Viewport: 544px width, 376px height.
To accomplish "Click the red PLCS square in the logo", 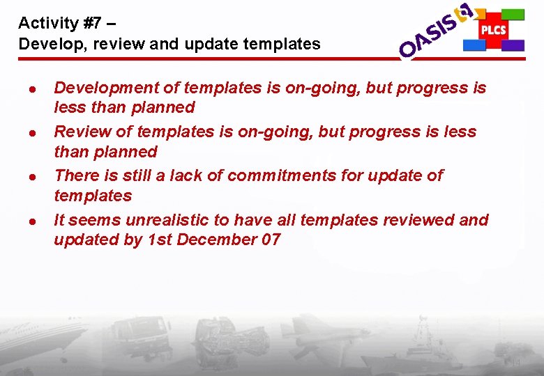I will (x=493, y=30).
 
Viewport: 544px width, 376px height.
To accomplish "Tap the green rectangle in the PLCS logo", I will (x=513, y=14).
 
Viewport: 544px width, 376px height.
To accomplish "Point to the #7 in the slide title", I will (x=91, y=23).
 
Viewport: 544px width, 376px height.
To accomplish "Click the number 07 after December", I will (x=269, y=240).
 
